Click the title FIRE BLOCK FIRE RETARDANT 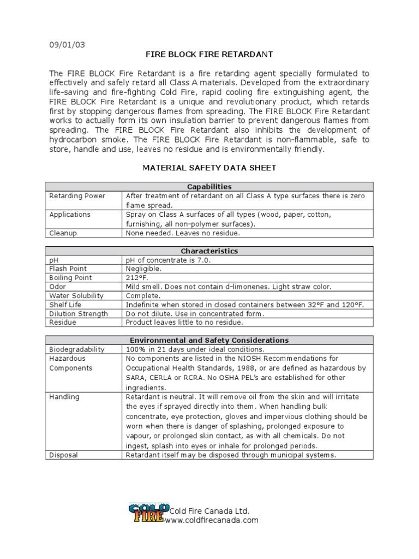[x=209, y=55]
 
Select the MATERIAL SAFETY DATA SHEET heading [x=209, y=168]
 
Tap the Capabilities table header [x=209, y=187]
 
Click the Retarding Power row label [x=77, y=196]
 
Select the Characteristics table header [x=209, y=251]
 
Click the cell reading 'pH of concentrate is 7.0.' [x=167, y=260]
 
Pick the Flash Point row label [x=68, y=269]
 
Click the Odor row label [x=57, y=287]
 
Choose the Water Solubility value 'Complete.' [x=143, y=295]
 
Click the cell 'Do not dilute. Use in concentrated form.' [x=195, y=314]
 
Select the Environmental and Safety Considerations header [x=209, y=340]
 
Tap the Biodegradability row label [x=77, y=349]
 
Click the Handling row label [x=64, y=397]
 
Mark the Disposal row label [x=63, y=455]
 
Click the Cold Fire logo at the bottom [x=146, y=513]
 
